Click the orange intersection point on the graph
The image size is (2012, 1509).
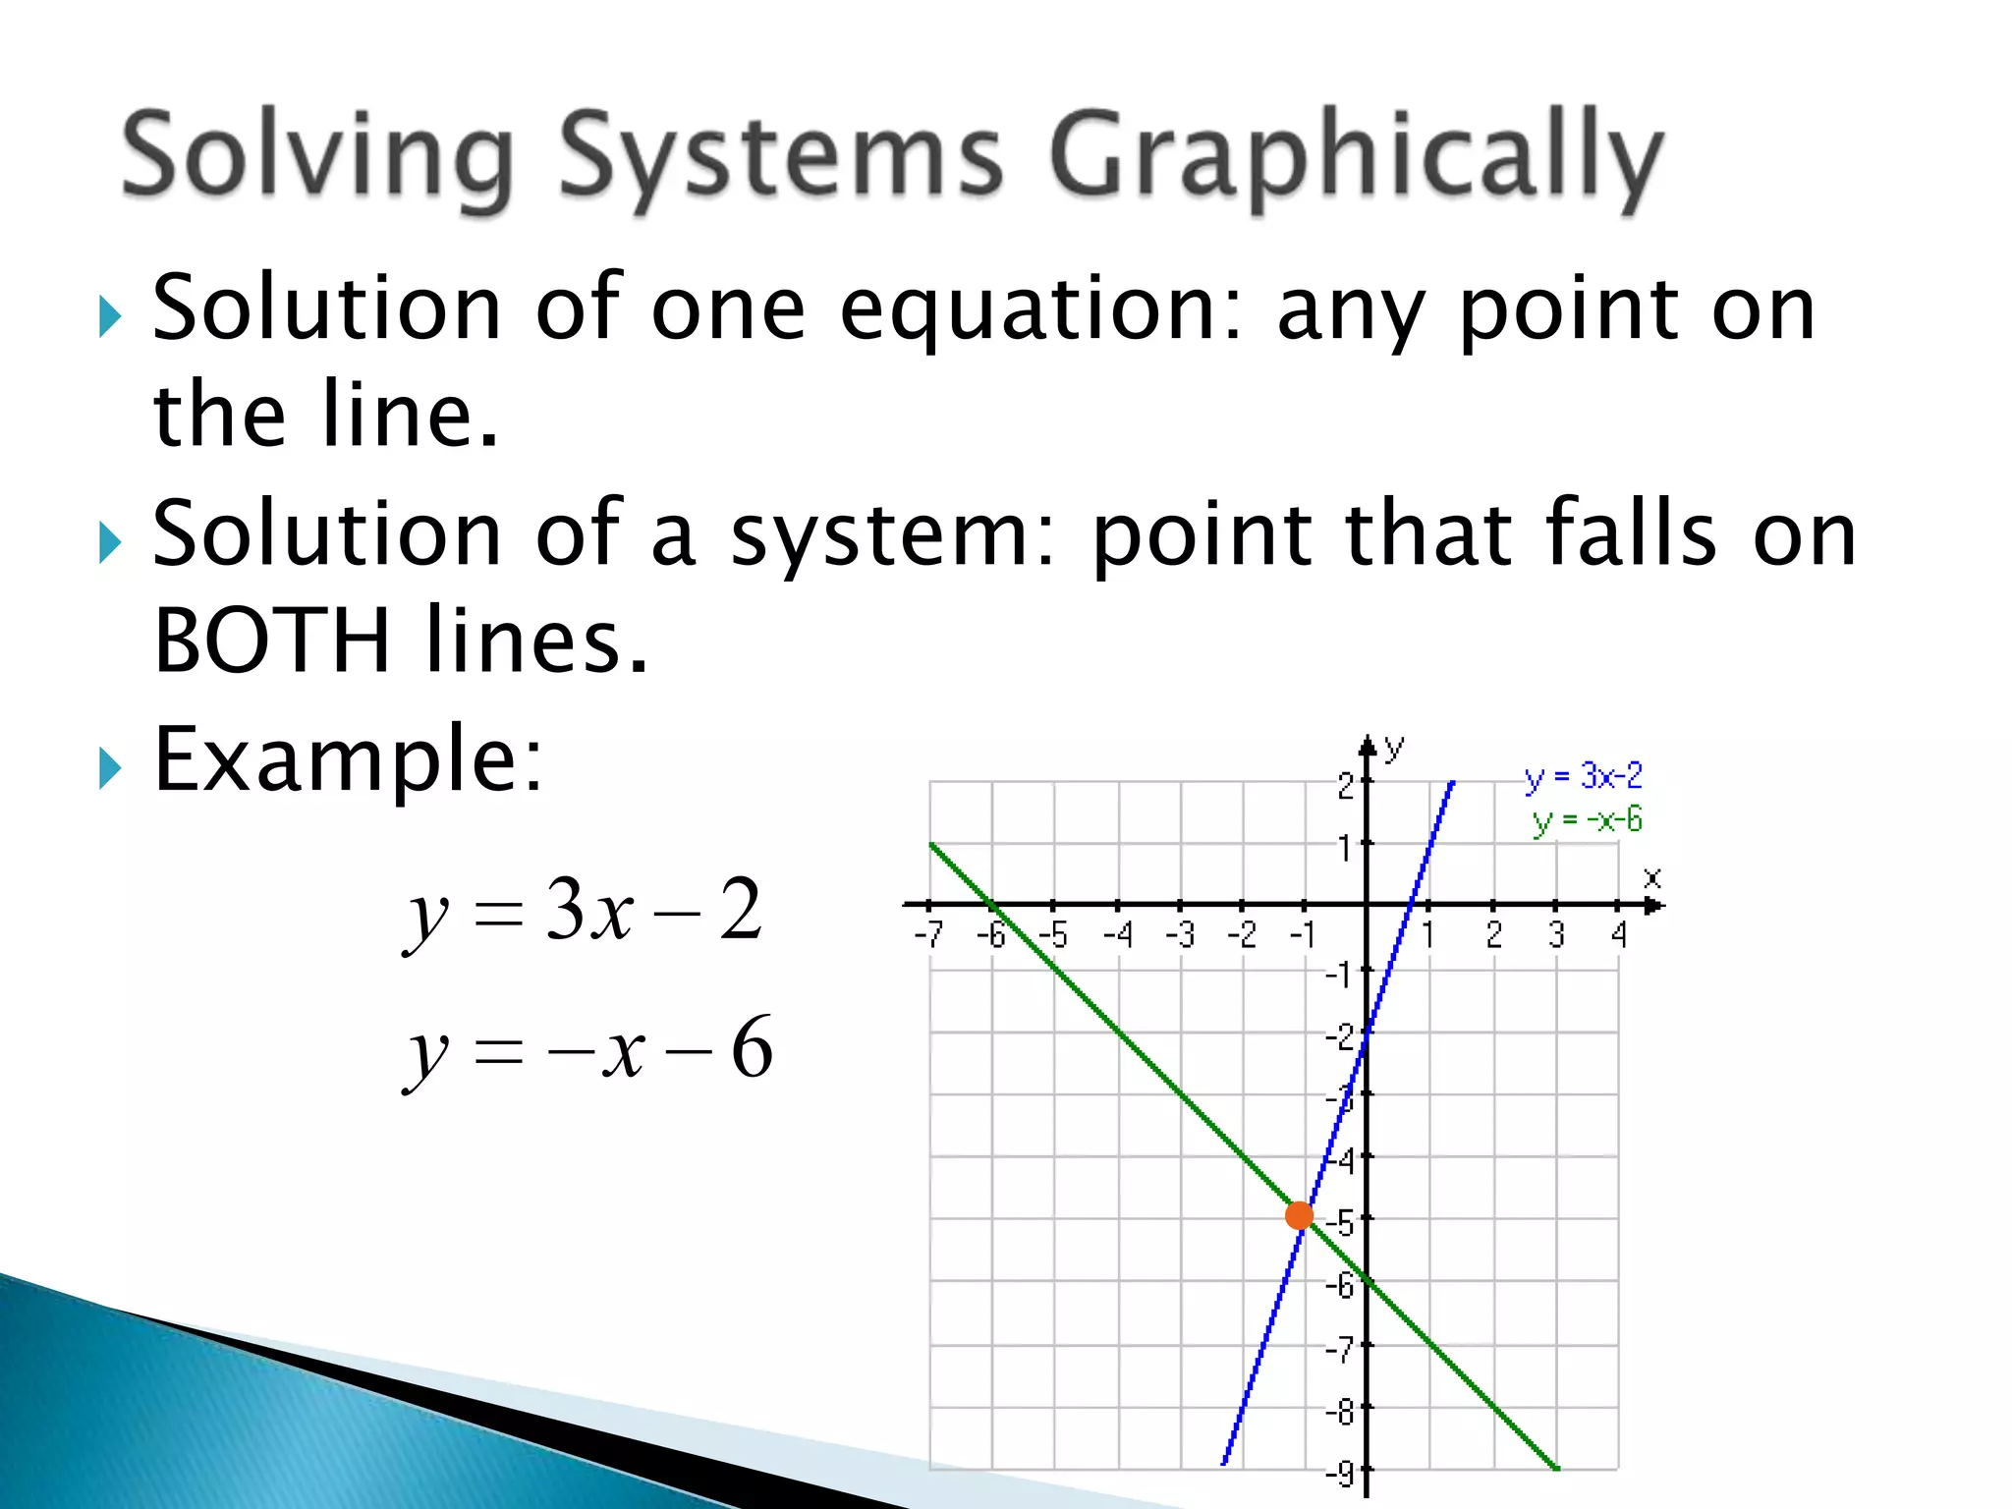pyautogui.click(x=1299, y=1215)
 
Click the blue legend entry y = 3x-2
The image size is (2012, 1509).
pyautogui.click(x=1583, y=777)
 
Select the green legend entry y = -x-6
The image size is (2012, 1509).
pyautogui.click(x=1587, y=820)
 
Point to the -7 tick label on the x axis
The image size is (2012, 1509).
pyautogui.click(x=928, y=934)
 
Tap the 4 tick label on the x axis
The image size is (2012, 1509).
pyautogui.click(x=1619, y=934)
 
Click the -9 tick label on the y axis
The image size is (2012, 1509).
pyautogui.click(x=1339, y=1474)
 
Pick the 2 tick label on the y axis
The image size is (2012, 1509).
pyautogui.click(x=1345, y=786)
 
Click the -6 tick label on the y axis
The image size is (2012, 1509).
pyautogui.click(x=1339, y=1284)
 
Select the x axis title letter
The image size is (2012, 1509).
pyautogui.click(x=1652, y=877)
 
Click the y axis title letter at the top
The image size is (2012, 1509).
pyautogui.click(x=1394, y=749)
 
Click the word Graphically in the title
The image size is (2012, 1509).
pyautogui.click(x=1356, y=160)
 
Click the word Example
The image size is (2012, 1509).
pyautogui.click(x=348, y=758)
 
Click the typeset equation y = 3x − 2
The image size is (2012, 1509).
pyautogui.click(x=584, y=912)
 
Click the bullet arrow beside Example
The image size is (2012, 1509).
pyautogui.click(x=110, y=768)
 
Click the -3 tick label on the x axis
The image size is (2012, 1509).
pyautogui.click(x=1180, y=934)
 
